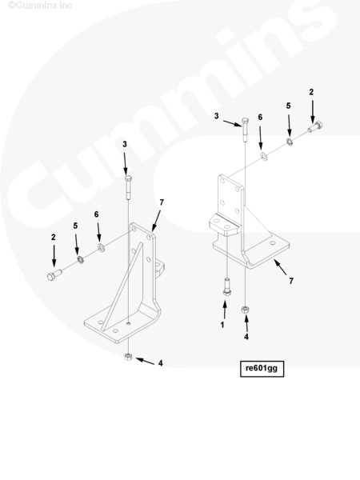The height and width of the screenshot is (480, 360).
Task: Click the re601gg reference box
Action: (262, 369)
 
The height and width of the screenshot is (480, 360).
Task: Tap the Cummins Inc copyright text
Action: (40, 6)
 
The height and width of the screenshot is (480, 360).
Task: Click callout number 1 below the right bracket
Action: (222, 325)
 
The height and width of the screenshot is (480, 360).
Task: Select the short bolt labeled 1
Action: (226, 286)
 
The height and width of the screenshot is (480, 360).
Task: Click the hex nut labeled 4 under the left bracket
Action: (128, 357)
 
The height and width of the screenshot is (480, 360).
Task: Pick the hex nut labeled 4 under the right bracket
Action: (245, 310)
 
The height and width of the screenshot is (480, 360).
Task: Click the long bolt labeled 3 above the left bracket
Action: (128, 187)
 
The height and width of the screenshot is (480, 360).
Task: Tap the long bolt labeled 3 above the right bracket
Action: (245, 130)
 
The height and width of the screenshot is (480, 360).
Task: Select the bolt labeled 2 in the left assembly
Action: (54, 274)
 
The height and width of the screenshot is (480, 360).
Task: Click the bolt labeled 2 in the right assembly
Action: (315, 126)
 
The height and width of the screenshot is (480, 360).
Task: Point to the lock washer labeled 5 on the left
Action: (81, 260)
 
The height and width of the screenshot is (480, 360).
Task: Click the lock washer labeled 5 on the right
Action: (289, 142)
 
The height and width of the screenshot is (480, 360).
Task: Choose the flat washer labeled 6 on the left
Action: (101, 247)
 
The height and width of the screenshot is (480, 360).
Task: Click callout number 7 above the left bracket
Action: (162, 202)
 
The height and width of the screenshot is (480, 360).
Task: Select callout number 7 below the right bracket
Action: (291, 281)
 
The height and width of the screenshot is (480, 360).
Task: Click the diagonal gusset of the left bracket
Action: (122, 286)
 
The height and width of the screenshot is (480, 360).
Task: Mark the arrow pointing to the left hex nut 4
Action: (145, 362)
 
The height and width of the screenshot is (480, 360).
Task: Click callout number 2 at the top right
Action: (311, 92)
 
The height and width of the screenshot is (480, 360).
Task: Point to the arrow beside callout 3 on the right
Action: (232, 123)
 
